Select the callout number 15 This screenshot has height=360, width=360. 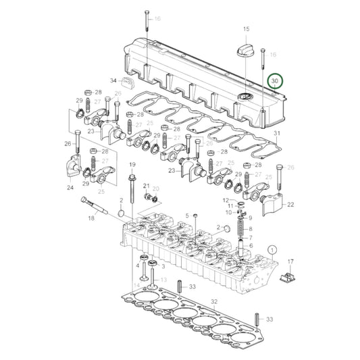tap(246, 29)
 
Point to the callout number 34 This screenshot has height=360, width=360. tap(113, 80)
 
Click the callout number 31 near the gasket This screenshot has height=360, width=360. tap(276, 134)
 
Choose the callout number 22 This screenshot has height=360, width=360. tap(290, 204)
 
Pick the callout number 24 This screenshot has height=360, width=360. tap(70, 188)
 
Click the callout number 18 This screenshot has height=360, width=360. tap(91, 218)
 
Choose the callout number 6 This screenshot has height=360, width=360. tap(250, 247)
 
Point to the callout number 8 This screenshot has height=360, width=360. tap(251, 228)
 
